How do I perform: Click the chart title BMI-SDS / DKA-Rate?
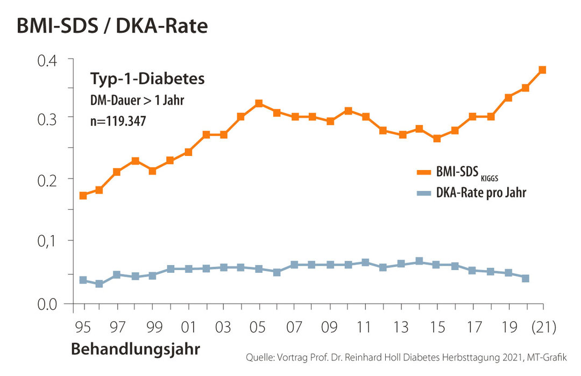pyautogui.click(x=112, y=25)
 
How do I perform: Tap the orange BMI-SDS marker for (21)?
pyautogui.click(x=542, y=70)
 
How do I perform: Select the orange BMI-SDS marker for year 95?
pyautogui.click(x=83, y=196)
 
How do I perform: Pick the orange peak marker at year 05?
pyautogui.click(x=259, y=103)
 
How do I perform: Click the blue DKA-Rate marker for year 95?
pyautogui.click(x=83, y=280)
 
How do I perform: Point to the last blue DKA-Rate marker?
pyautogui.click(x=526, y=279)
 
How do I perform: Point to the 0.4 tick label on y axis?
pyautogui.click(x=47, y=60)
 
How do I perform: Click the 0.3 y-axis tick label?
pyautogui.click(x=47, y=118)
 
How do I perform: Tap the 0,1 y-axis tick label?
pyautogui.click(x=47, y=240)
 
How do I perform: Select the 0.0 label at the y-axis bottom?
pyautogui.click(x=47, y=305)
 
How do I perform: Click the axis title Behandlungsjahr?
pyautogui.click(x=136, y=350)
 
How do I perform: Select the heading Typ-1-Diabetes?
pyautogui.click(x=147, y=79)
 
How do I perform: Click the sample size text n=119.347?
pyautogui.click(x=117, y=122)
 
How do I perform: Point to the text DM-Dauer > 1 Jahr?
pyautogui.click(x=136, y=101)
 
